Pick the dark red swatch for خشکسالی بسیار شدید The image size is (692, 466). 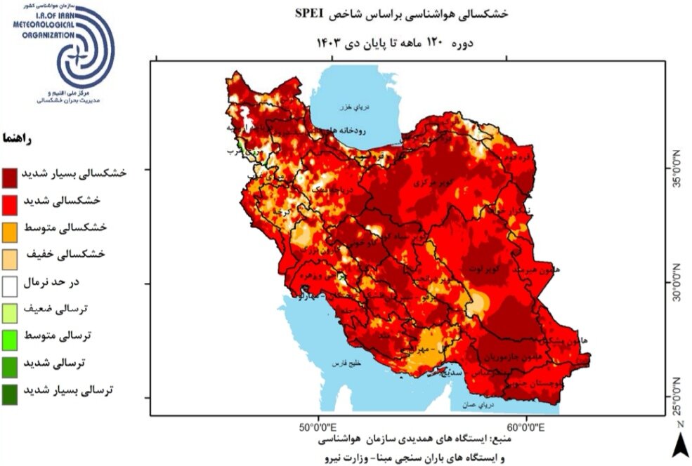(x=11, y=175)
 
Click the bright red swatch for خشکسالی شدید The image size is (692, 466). (x=11, y=201)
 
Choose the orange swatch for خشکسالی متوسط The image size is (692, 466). (x=11, y=229)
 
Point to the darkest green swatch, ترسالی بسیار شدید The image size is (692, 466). (x=11, y=391)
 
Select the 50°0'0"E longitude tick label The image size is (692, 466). (x=319, y=426)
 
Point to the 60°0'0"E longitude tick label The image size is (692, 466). (x=527, y=426)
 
